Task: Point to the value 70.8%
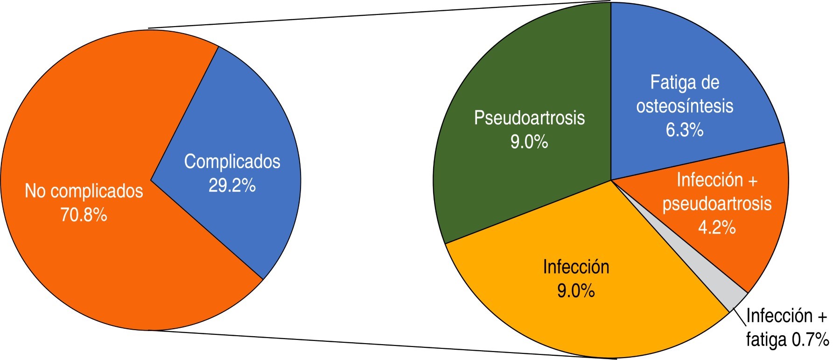pos(84,215)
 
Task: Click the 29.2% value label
pos(232,186)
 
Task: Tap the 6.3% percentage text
pos(685,130)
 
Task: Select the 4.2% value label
pos(717,227)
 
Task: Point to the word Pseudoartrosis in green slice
pos(529,118)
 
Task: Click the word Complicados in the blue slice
pos(232,162)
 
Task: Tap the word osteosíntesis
pos(685,106)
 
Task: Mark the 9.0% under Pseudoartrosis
pos(529,141)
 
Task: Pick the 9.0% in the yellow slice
pos(576,291)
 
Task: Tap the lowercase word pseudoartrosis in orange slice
pos(717,204)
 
